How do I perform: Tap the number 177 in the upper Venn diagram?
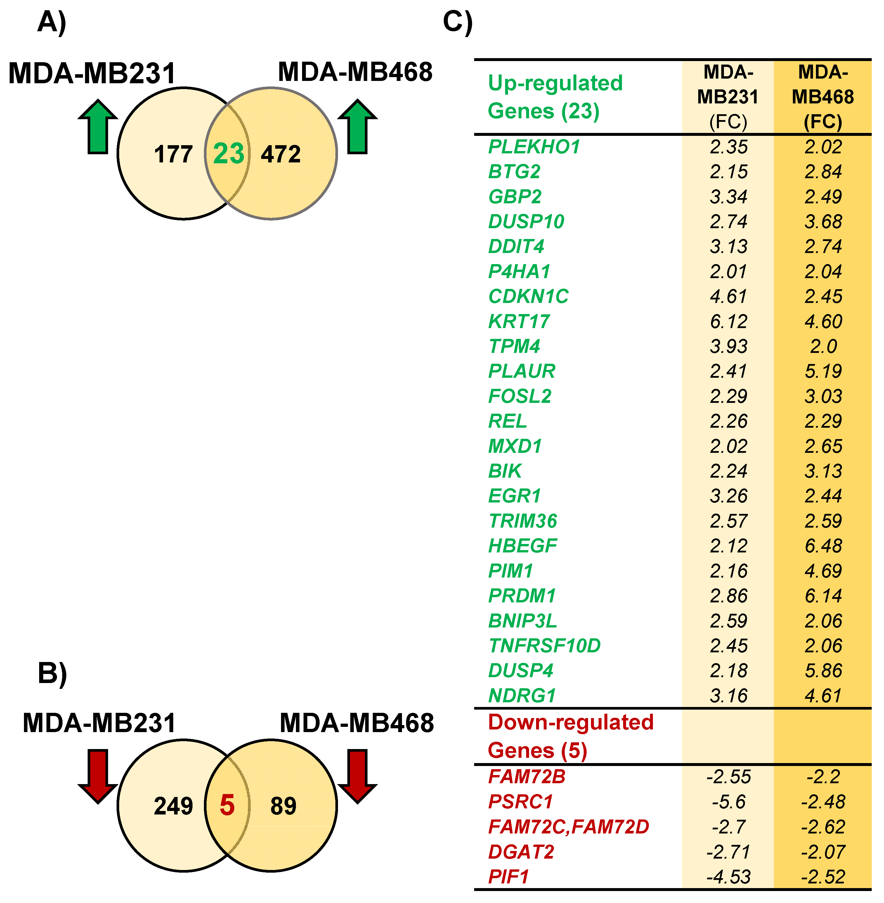point(173,154)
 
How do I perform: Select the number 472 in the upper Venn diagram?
point(280,154)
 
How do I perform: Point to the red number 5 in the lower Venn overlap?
point(227,805)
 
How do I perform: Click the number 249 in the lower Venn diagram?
point(173,806)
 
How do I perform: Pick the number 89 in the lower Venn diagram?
point(283,806)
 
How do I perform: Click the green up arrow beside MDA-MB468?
point(357,126)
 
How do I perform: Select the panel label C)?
point(457,22)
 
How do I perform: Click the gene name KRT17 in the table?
point(519,321)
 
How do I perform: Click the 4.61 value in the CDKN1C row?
point(729,296)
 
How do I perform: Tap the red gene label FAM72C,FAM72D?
point(568,827)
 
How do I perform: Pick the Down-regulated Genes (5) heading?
point(570,736)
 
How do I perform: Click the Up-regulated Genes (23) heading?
point(555,97)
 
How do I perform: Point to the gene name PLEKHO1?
point(534,147)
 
